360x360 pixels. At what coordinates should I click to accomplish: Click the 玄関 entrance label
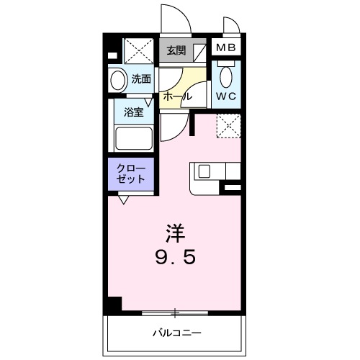[x=175, y=50]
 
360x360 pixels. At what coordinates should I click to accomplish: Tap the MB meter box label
[x=226, y=49]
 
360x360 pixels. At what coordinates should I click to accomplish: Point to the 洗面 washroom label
[x=141, y=79]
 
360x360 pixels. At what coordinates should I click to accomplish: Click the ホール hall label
[x=176, y=95]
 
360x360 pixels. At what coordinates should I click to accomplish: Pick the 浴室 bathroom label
[x=133, y=112]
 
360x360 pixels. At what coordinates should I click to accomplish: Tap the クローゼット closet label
[x=131, y=174]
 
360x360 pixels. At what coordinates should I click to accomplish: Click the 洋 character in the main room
[x=175, y=233]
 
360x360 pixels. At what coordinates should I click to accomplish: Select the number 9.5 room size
[x=175, y=256]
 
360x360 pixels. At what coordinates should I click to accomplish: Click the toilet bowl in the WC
[x=226, y=75]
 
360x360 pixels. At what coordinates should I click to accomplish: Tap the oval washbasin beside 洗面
[x=117, y=79]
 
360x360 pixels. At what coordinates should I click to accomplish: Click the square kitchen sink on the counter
[x=204, y=172]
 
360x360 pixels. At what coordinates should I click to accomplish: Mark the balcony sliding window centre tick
[x=175, y=312]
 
